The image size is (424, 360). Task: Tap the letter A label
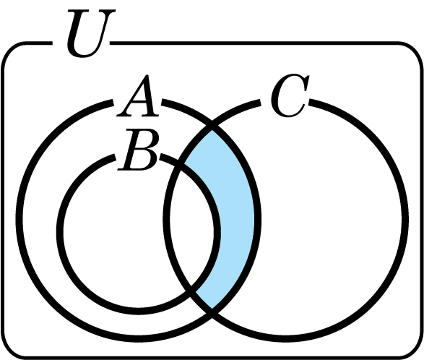138,96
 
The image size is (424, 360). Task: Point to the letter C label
290,95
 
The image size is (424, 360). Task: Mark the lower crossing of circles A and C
212,312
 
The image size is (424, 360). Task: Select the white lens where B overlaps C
192,228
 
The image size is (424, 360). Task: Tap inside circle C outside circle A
330,219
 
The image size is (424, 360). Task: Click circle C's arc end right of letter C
309,103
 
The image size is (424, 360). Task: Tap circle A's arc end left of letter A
113,103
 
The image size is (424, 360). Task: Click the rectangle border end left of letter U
52,43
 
